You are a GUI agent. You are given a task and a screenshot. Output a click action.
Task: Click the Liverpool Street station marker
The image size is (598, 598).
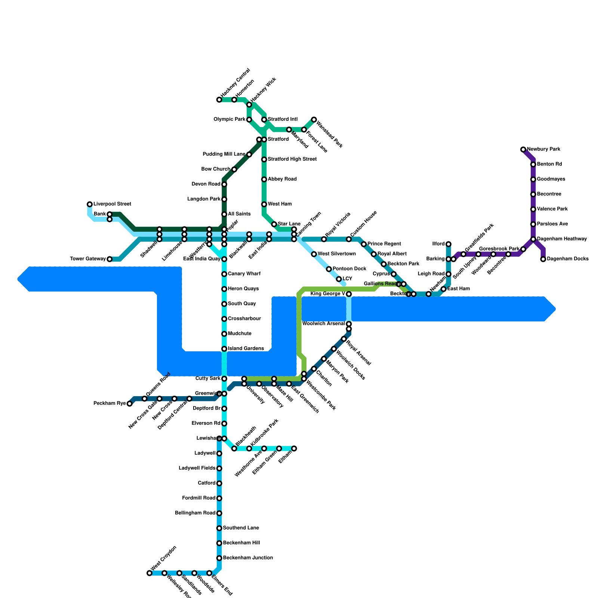(90, 204)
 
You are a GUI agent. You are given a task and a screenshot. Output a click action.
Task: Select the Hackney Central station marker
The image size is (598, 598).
(219, 100)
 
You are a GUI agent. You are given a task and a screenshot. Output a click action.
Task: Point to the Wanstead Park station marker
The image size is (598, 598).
(314, 120)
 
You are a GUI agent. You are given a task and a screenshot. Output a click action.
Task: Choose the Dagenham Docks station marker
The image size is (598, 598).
(543, 259)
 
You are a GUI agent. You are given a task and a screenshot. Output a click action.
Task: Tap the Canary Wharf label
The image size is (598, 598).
(244, 274)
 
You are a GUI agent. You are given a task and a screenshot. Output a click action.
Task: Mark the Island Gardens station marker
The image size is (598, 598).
(224, 349)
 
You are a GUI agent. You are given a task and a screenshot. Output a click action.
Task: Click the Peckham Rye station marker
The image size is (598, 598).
(129, 404)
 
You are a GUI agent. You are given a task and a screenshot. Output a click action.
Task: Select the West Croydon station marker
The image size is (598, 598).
(149, 573)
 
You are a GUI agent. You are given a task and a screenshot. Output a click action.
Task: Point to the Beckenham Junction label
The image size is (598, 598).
(247, 558)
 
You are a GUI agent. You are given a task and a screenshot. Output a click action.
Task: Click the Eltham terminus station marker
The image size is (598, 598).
(294, 449)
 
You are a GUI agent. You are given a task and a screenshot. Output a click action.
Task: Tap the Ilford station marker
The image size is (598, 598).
(449, 244)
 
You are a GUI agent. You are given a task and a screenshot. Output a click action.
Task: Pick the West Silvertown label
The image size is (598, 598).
(336, 254)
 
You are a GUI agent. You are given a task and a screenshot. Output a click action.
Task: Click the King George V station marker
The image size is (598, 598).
(349, 294)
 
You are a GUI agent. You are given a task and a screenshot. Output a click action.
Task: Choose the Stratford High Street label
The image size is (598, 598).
(292, 159)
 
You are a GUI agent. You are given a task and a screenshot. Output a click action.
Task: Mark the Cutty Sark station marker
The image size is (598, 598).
(224, 379)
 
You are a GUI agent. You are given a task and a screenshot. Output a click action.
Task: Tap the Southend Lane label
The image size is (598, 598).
(241, 528)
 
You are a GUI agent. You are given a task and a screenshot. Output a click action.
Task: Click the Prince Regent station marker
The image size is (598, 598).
(364, 244)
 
